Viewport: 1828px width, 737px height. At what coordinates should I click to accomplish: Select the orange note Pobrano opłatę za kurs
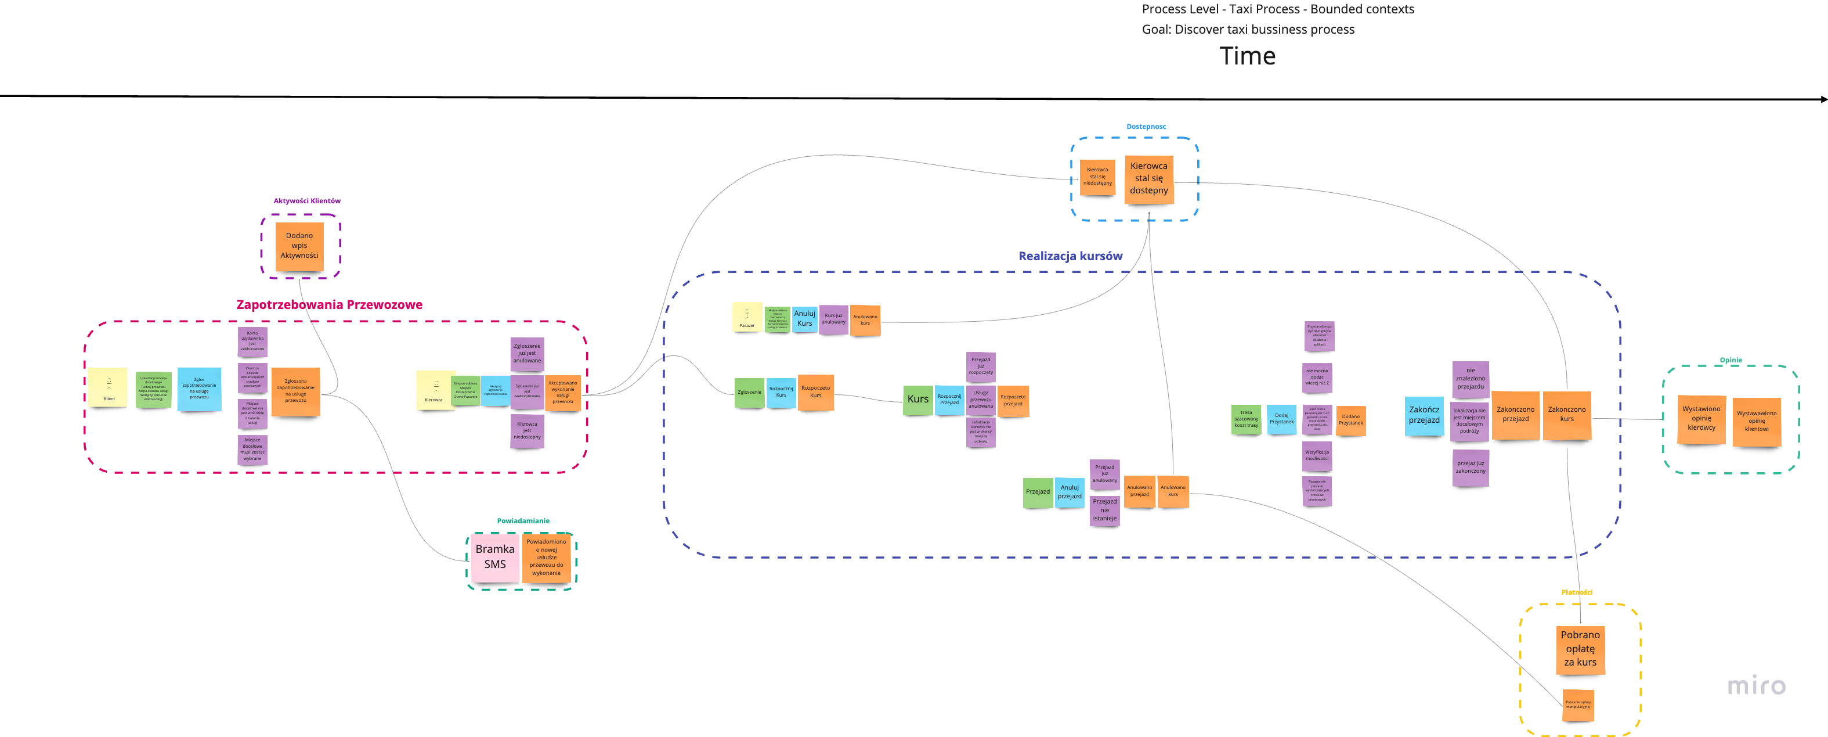pyautogui.click(x=1580, y=649)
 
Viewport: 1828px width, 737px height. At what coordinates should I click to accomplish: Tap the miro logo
pyautogui.click(x=1755, y=685)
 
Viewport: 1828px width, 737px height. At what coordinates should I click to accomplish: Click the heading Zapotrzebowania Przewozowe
pyautogui.click(x=329, y=304)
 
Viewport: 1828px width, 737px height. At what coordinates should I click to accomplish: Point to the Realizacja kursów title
pyautogui.click(x=1070, y=256)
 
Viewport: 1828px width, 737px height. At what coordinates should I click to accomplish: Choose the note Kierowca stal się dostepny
pyautogui.click(x=1148, y=179)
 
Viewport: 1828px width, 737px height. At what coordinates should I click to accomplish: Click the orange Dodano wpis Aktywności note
pyautogui.click(x=299, y=246)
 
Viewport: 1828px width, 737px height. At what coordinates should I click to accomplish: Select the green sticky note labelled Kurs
pyautogui.click(x=917, y=400)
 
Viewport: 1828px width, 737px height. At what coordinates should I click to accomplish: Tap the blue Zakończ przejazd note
pyautogui.click(x=1424, y=415)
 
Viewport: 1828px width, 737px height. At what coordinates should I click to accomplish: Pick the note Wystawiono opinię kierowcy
pyautogui.click(x=1701, y=419)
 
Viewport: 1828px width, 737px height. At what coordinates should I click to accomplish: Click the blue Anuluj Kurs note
pyautogui.click(x=804, y=319)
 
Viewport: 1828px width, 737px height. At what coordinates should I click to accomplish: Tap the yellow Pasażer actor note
pyautogui.click(x=746, y=317)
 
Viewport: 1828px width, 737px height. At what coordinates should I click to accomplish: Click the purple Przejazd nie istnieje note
pyautogui.click(x=1104, y=510)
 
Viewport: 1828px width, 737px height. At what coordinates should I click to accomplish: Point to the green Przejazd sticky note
pyautogui.click(x=1038, y=492)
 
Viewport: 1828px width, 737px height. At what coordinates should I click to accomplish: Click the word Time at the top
pyautogui.click(x=1247, y=56)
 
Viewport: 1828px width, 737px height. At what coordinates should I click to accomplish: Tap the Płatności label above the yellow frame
pyautogui.click(x=1576, y=592)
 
